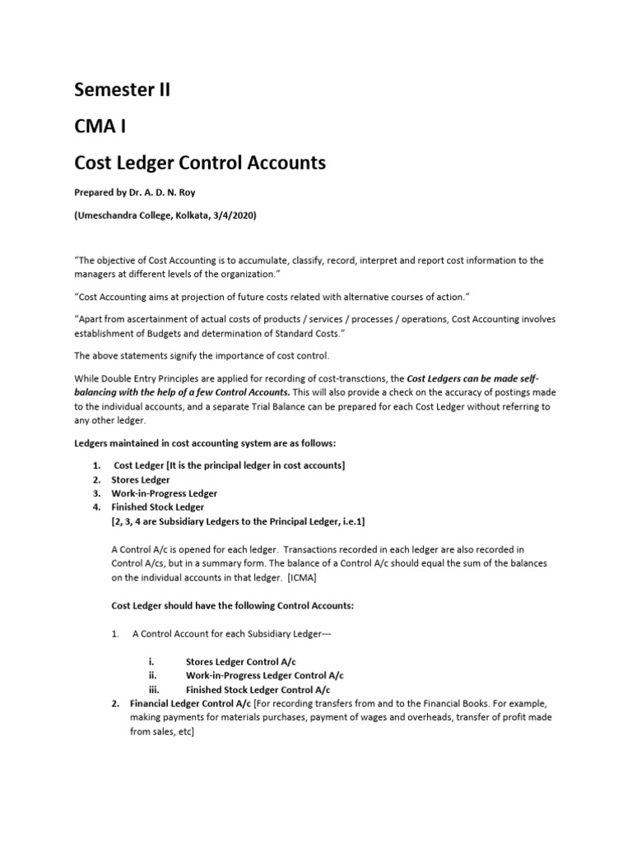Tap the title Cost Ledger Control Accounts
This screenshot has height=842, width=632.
tap(200, 163)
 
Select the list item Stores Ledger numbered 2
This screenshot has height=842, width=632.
tap(142, 479)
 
